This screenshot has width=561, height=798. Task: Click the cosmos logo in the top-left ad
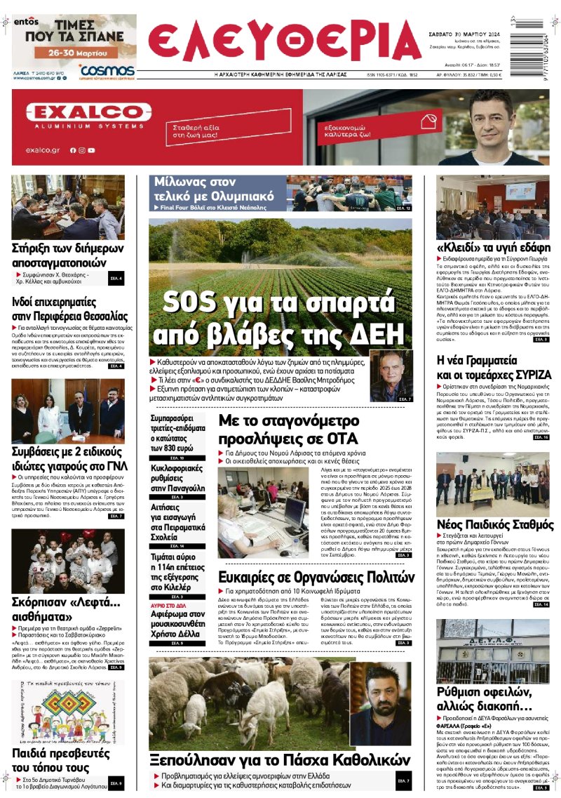point(107,71)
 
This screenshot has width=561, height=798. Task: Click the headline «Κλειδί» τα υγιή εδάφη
point(493,247)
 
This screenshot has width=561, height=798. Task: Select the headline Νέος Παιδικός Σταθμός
point(495,524)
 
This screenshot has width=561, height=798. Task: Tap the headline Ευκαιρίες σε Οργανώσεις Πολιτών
point(316,577)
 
